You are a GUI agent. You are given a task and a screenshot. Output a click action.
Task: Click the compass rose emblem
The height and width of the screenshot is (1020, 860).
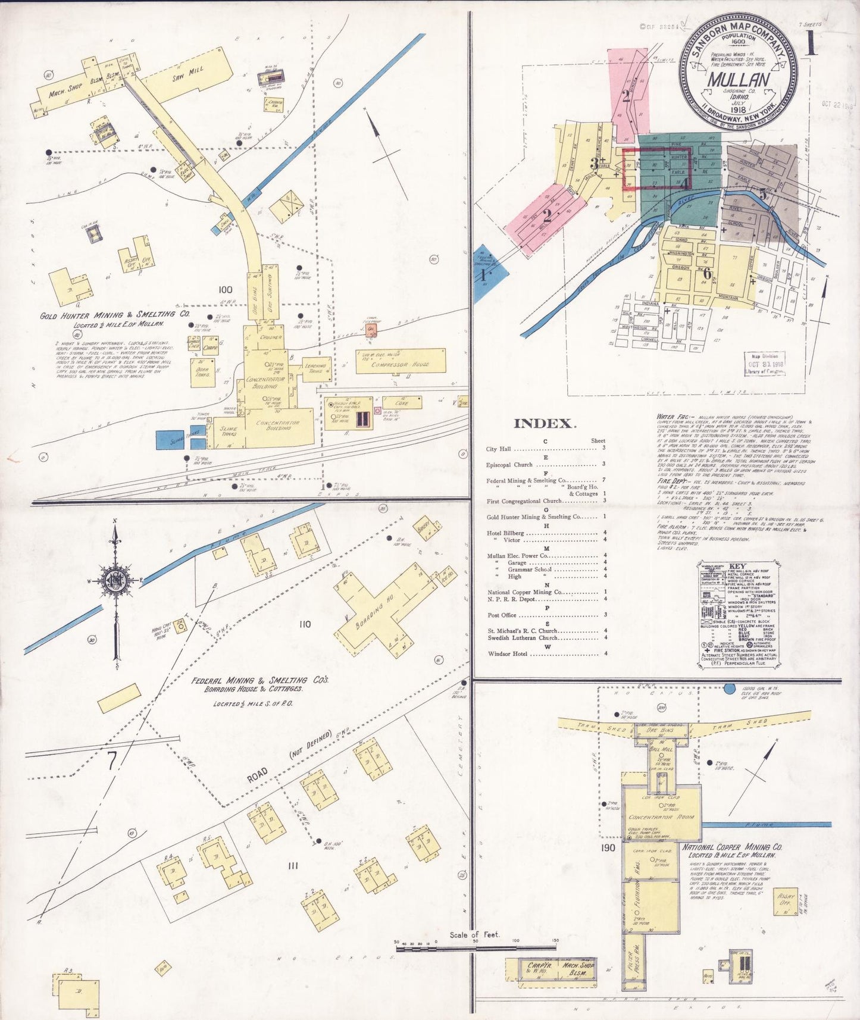(x=114, y=581)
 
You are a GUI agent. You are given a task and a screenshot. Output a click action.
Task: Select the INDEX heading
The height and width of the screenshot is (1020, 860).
(x=545, y=424)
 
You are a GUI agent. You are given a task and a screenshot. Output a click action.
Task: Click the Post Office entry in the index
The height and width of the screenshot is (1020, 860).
(x=502, y=615)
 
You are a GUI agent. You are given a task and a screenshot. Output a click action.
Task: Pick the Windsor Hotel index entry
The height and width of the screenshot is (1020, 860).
(x=508, y=653)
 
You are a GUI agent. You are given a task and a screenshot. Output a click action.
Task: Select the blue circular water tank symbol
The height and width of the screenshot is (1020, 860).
(x=729, y=689)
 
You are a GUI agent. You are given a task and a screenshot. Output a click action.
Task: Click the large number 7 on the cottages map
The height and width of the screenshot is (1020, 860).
(x=112, y=761)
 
